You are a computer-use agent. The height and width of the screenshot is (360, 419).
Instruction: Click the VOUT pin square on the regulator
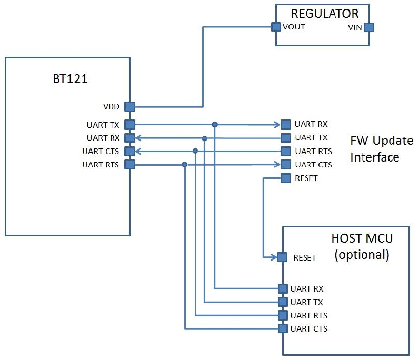[x=275, y=27]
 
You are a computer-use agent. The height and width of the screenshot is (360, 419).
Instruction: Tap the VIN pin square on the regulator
[x=369, y=27]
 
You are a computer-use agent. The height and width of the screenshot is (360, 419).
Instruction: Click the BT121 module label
[x=67, y=81]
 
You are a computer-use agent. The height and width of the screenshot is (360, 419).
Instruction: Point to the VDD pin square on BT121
[x=129, y=107]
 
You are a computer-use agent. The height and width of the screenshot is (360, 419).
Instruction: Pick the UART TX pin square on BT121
[x=129, y=125]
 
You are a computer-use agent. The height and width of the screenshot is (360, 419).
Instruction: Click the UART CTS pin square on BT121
[x=129, y=152]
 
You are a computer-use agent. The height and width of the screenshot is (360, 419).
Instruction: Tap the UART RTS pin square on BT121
[x=129, y=165]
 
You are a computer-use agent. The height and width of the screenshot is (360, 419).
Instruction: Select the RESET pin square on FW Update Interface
[x=285, y=178]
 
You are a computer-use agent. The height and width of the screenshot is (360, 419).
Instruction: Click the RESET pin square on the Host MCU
[x=282, y=257]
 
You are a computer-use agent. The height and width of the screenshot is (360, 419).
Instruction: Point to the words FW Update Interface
[x=374, y=149]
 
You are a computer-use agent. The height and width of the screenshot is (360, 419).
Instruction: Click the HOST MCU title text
[x=362, y=238]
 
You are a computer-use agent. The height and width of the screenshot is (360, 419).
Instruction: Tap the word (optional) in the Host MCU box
[x=362, y=255]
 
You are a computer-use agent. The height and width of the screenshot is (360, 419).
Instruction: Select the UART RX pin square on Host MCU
[x=282, y=288]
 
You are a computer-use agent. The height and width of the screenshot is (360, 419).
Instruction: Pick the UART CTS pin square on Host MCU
[x=282, y=329]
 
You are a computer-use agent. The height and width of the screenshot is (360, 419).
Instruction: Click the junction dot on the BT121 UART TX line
[x=215, y=125]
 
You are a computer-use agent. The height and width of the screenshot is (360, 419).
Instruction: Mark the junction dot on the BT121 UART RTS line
[x=184, y=165]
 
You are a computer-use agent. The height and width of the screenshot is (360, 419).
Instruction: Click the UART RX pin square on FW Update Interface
[x=285, y=124]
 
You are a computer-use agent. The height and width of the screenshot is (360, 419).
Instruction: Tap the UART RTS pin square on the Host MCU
[x=282, y=316]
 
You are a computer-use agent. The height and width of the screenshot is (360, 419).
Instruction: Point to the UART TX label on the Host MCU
[x=306, y=302]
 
